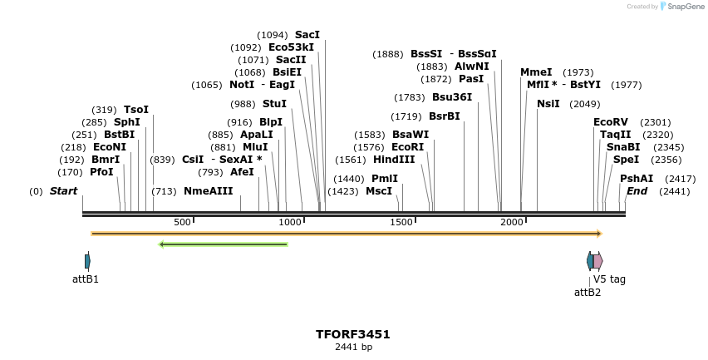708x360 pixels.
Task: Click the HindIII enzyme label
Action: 394,160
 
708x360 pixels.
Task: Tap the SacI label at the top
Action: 307,35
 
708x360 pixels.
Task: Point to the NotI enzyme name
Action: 242,85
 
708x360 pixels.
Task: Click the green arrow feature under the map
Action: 223,244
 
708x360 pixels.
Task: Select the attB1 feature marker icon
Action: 87,261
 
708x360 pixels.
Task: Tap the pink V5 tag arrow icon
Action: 598,261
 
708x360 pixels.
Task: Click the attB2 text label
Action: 588,292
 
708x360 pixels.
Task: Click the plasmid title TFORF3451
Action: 353,334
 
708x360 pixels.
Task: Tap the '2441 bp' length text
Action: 353,347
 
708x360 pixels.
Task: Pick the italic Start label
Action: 63,191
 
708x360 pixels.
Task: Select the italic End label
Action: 637,191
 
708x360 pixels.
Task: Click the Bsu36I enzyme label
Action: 452,97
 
